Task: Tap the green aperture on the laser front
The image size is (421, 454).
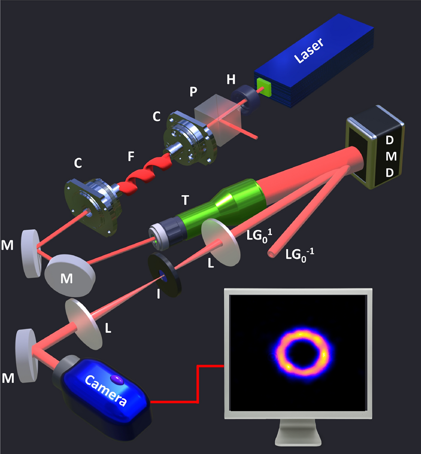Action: [x=264, y=87]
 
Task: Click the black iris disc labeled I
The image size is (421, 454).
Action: [x=164, y=275]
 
